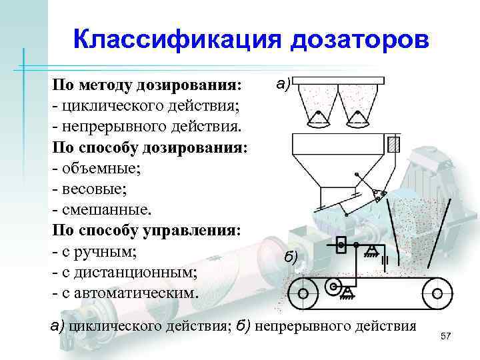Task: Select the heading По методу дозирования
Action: (147, 86)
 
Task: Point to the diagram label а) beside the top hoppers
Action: (281, 84)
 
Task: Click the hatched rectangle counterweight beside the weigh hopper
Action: (394, 144)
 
